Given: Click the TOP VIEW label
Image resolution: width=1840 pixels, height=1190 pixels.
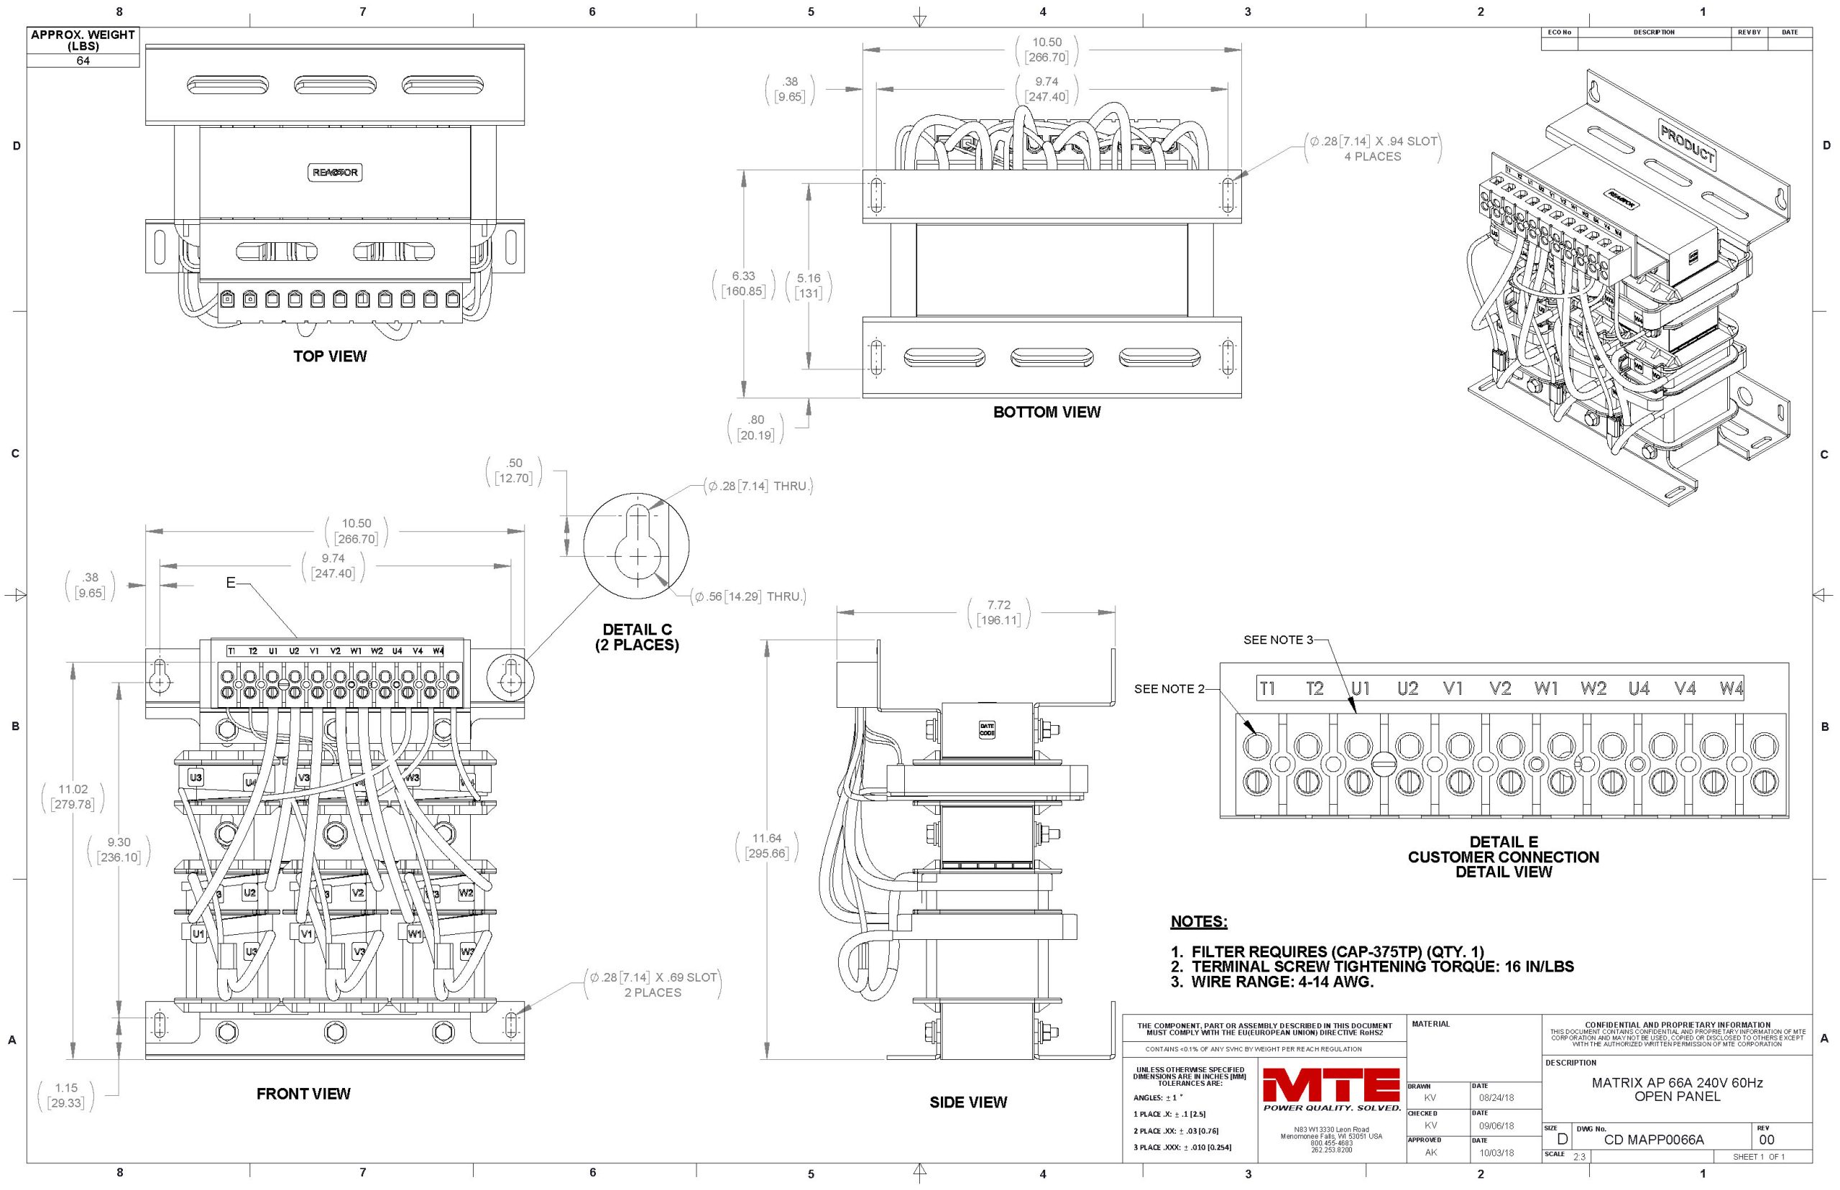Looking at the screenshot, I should point(330,356).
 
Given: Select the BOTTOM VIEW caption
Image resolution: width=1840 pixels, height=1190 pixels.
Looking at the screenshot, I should point(1046,412).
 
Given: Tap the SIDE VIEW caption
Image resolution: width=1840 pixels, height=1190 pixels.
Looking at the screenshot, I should point(967,1102).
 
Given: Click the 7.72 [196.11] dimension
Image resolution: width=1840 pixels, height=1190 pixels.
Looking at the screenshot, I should point(998,612).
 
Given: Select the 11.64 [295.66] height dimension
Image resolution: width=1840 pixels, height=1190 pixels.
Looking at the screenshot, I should point(767,845).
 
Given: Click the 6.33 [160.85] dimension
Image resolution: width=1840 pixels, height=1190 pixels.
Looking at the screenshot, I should point(742,284).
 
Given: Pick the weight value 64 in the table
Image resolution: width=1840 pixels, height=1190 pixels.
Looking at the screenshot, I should point(83,60).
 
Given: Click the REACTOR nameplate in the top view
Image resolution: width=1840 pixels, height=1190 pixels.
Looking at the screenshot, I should point(335,172).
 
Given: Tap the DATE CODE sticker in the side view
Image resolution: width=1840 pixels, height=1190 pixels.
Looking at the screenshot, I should point(987,729).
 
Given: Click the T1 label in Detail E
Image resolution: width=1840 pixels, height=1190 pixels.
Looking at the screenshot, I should point(1267,688).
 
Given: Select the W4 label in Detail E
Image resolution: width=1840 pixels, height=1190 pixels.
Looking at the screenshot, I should point(1731,688).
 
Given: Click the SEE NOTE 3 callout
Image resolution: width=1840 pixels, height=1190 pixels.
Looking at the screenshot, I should point(1277,640).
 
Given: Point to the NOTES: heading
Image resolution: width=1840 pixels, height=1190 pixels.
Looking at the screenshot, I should point(1199,921).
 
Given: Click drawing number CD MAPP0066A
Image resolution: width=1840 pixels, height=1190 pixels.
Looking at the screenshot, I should point(1653,1140).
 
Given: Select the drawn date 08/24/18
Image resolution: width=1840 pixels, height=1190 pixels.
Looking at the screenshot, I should point(1496,1097).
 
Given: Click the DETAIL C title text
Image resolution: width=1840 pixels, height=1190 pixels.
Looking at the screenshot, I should point(637,637).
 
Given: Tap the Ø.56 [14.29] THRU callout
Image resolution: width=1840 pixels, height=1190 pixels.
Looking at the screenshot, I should point(749,596).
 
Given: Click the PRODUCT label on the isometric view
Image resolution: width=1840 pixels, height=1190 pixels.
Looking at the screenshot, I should point(1687,144).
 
